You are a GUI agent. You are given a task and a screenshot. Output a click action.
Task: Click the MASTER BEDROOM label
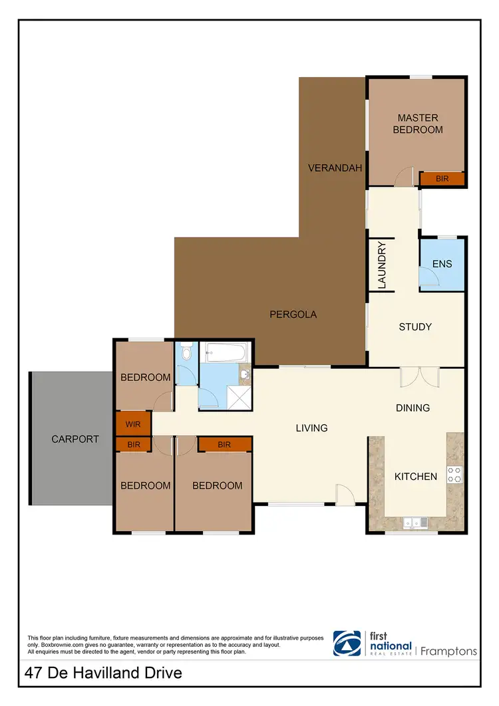(418, 124)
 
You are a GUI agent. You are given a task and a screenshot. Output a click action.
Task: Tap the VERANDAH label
(335, 168)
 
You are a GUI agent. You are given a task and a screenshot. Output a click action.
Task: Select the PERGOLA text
(293, 314)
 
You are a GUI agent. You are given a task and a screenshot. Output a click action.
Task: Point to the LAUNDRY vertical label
(382, 265)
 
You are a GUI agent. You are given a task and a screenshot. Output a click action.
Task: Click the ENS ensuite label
(442, 264)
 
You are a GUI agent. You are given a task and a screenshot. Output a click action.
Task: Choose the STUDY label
(415, 327)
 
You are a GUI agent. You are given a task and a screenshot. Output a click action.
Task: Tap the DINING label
(413, 408)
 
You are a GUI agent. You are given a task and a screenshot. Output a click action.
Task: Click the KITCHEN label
(416, 477)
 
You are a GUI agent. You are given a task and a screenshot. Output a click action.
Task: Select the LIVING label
(311, 428)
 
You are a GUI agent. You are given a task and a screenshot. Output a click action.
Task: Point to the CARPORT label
(75, 439)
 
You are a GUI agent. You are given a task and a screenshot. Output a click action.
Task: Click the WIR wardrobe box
(133, 423)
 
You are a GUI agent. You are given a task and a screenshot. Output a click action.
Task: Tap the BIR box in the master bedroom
(442, 179)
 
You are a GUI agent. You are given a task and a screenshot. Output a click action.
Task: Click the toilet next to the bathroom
(187, 350)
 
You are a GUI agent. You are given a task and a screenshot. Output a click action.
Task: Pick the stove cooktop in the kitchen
(454, 474)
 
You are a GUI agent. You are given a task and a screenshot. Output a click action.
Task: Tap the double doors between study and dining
(419, 378)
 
